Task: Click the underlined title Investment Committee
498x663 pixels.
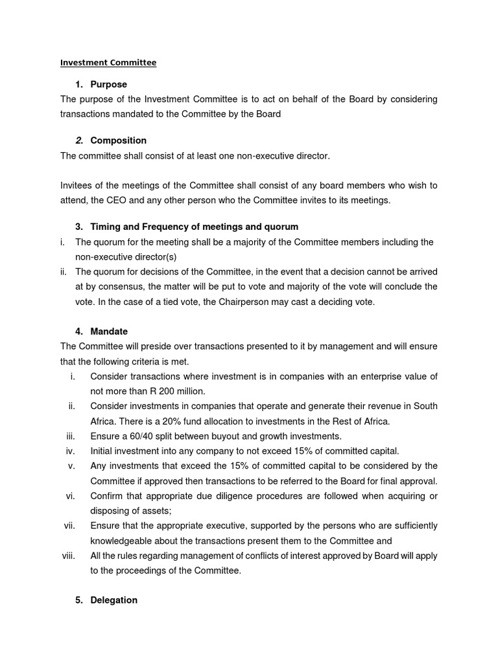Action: tap(108, 63)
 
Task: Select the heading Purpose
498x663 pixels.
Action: tap(108, 84)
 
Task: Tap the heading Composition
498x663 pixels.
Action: tap(118, 140)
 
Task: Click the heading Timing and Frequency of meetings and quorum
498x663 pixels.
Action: tap(195, 227)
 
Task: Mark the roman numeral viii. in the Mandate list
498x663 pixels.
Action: tap(68, 556)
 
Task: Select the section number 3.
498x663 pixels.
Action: tap(78, 227)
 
